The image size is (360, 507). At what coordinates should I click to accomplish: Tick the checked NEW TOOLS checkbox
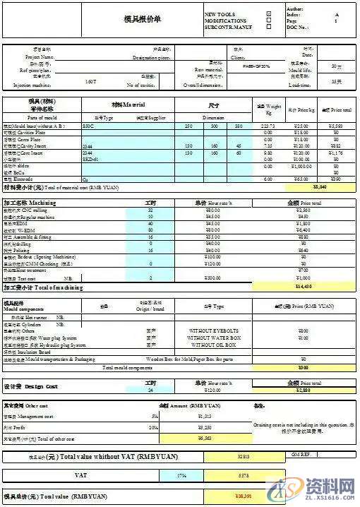[268, 14]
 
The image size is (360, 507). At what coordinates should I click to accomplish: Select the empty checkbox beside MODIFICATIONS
[268, 21]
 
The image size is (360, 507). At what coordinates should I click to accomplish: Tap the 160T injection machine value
[91, 83]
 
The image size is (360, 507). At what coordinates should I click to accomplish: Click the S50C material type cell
[88, 125]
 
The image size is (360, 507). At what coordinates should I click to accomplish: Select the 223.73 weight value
[267, 125]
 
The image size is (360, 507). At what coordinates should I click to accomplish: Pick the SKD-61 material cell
[90, 160]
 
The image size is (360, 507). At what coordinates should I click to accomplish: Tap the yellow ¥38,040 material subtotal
[319, 187]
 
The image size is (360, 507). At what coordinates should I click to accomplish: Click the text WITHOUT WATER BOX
[215, 338]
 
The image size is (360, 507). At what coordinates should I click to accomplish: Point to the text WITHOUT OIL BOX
[215, 345]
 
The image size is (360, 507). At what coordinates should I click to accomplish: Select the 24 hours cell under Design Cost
[150, 390]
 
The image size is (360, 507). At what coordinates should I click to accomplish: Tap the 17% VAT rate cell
[182, 475]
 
